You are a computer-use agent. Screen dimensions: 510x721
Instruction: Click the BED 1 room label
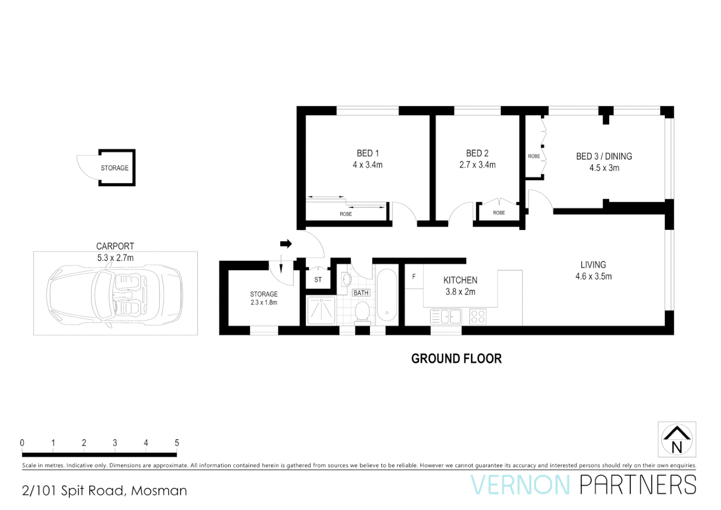tap(368, 153)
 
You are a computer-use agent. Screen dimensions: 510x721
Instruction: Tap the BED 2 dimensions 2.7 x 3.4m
tap(477, 165)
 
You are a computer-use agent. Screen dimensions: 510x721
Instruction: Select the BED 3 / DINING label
tap(604, 156)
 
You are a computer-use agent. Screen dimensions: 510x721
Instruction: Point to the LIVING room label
tap(593, 265)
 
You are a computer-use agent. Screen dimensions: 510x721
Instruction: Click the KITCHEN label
tap(460, 280)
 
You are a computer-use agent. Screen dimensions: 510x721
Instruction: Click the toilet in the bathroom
tap(362, 312)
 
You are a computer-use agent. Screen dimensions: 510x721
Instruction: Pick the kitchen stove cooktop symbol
tap(478, 316)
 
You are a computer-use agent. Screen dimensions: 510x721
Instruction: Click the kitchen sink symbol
tap(446, 316)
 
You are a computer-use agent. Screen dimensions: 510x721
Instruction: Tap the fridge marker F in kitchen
tap(414, 277)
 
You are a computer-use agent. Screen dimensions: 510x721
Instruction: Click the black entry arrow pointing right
tap(286, 244)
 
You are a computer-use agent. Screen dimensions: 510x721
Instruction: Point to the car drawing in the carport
tap(115, 294)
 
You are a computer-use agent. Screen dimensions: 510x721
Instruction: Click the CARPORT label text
tap(115, 246)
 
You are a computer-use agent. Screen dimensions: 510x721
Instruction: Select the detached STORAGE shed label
tap(114, 168)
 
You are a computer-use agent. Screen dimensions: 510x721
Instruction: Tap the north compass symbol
tap(677, 439)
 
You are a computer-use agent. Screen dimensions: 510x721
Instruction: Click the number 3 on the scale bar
tap(115, 443)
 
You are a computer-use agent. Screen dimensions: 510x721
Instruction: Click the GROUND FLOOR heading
tap(456, 359)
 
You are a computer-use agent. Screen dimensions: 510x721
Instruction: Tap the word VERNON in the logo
tap(520, 485)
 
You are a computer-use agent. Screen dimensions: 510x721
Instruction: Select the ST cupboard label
tap(318, 280)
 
